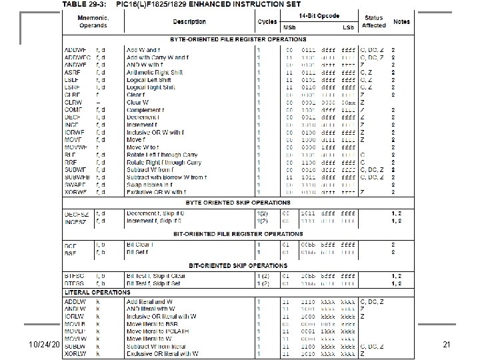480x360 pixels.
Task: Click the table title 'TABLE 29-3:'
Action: pyautogui.click(x=84, y=4)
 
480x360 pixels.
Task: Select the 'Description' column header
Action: pyautogui.click(x=190, y=22)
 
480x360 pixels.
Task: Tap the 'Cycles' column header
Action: pyautogui.click(x=267, y=22)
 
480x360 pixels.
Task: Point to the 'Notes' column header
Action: pyautogui.click(x=401, y=22)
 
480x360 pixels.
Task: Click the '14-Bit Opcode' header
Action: pyautogui.click(x=319, y=14)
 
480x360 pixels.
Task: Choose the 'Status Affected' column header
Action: pyautogui.click(x=373, y=22)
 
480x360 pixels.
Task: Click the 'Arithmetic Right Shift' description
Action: pyautogui.click(x=155, y=73)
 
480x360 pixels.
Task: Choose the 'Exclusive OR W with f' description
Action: pyautogui.click(x=156, y=192)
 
